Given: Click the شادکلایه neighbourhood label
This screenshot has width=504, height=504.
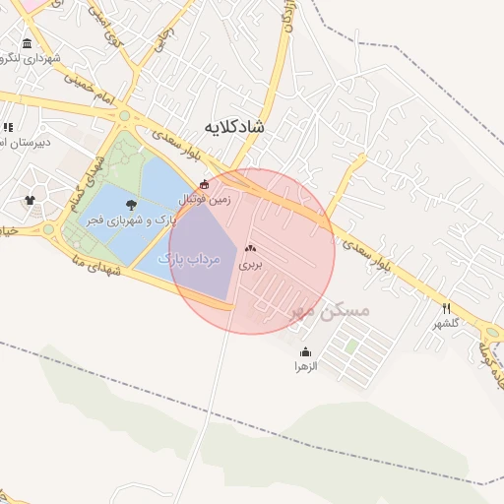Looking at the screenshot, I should click(x=235, y=127).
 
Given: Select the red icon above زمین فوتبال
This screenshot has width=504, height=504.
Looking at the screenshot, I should click(x=204, y=184).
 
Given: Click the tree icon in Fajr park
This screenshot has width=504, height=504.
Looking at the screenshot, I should click(x=131, y=205).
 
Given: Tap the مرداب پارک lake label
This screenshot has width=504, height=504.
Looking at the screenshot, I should click(x=187, y=258).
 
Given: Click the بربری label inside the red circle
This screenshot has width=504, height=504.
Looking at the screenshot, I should click(x=250, y=265).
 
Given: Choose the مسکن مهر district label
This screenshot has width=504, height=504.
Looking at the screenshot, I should click(x=329, y=311).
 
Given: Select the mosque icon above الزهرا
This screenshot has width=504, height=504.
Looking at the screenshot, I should click(x=305, y=352).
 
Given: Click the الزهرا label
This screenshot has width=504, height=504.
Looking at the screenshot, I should click(x=305, y=366).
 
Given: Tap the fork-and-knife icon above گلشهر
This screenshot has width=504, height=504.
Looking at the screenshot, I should click(x=446, y=308).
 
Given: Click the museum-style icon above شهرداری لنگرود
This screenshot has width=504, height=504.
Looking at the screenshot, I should click(x=27, y=44).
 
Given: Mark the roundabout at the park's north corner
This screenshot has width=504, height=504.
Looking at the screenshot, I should click(x=124, y=116).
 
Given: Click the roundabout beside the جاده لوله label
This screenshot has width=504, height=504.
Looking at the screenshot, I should click(x=494, y=333).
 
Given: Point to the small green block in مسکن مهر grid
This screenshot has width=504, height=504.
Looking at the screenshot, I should click(x=350, y=347).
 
